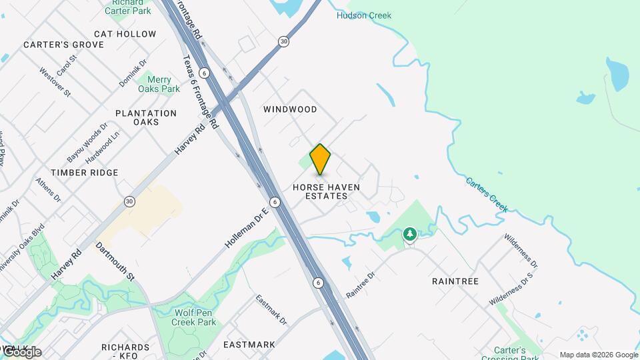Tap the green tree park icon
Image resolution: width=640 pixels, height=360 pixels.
point(409,234)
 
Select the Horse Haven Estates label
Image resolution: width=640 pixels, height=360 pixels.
point(326,191)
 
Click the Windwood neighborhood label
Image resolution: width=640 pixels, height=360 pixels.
point(290,109)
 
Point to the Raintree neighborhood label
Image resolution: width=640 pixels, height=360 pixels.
point(455,281)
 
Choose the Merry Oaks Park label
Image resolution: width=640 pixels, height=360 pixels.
point(159,84)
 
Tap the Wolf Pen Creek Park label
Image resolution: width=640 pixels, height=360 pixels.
point(195,317)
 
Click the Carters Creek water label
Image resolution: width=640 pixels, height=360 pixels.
point(487,194)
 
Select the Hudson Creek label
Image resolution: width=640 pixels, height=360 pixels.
point(364,15)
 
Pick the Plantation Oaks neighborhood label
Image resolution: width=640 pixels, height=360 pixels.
point(146,117)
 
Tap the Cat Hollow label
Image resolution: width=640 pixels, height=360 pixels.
point(125,34)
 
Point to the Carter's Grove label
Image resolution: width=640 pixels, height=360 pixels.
point(64,45)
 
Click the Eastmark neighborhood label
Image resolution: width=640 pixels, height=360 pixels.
point(249,345)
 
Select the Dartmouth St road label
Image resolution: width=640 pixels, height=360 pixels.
point(115,261)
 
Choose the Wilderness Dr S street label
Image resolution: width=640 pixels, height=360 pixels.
point(511,289)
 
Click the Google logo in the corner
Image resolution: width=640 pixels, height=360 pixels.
point(21,351)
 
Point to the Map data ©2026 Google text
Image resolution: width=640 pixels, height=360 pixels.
point(599,355)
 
